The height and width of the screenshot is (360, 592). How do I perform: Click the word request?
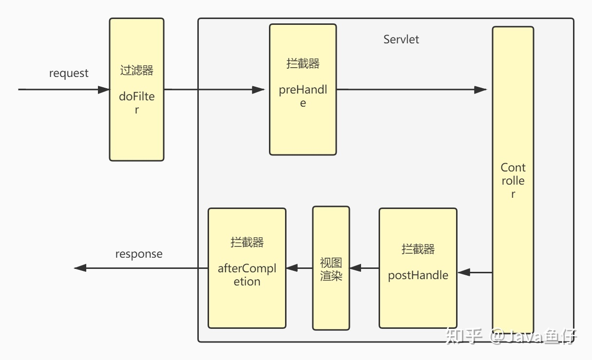pos(69,74)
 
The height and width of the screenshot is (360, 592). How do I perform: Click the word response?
pos(139,254)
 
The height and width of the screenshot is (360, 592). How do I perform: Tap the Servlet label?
pos(401,39)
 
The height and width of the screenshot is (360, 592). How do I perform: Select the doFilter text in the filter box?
pos(136,103)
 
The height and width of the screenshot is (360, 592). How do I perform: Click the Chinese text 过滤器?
pos(136,70)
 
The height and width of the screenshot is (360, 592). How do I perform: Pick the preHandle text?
pos(303,96)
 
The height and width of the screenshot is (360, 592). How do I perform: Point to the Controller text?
pos(513,181)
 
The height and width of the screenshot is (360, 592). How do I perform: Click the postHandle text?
pos(418,275)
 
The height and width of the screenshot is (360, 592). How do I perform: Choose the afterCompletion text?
pos(247,275)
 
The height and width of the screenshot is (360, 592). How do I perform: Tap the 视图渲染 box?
pos(331,268)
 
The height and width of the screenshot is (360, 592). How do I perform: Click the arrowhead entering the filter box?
pos(104,90)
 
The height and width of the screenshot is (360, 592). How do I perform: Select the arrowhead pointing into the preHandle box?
pos(258,90)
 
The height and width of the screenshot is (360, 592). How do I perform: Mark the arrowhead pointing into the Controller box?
pos(480,90)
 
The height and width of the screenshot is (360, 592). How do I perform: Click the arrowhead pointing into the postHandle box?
pos(464,272)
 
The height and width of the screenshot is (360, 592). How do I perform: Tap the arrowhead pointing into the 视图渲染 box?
pos(356,268)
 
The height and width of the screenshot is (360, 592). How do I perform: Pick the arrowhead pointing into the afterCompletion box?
pos(292,268)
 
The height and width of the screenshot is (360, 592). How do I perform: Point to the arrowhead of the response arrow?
pos(80,268)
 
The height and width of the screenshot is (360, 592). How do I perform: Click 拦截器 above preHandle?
pos(303,64)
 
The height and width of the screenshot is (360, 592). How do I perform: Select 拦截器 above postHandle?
pos(418,249)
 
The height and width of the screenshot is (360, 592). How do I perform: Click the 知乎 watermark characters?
pos(463,336)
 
